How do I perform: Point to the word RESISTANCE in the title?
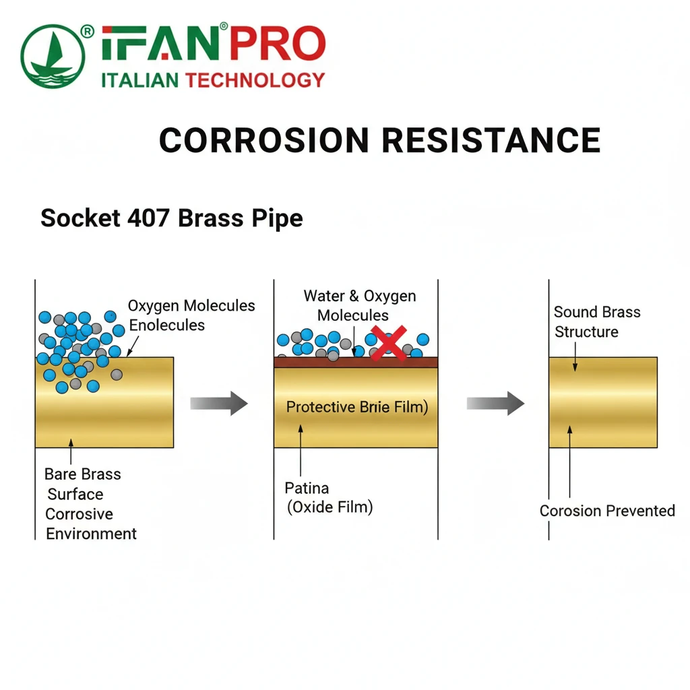[x=491, y=140]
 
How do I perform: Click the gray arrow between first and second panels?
[x=219, y=403]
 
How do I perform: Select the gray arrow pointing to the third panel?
[x=495, y=403]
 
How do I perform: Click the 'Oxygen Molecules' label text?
[x=191, y=306]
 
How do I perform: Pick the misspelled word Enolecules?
[x=167, y=325]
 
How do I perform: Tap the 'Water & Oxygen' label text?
[x=359, y=296]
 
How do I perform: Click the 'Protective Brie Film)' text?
[x=357, y=407]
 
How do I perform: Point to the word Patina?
[x=307, y=488]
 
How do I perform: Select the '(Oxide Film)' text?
[x=330, y=507]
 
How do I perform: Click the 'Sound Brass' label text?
[x=597, y=312]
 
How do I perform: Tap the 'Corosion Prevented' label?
[x=607, y=511]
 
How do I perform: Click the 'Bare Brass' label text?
[x=82, y=474]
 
